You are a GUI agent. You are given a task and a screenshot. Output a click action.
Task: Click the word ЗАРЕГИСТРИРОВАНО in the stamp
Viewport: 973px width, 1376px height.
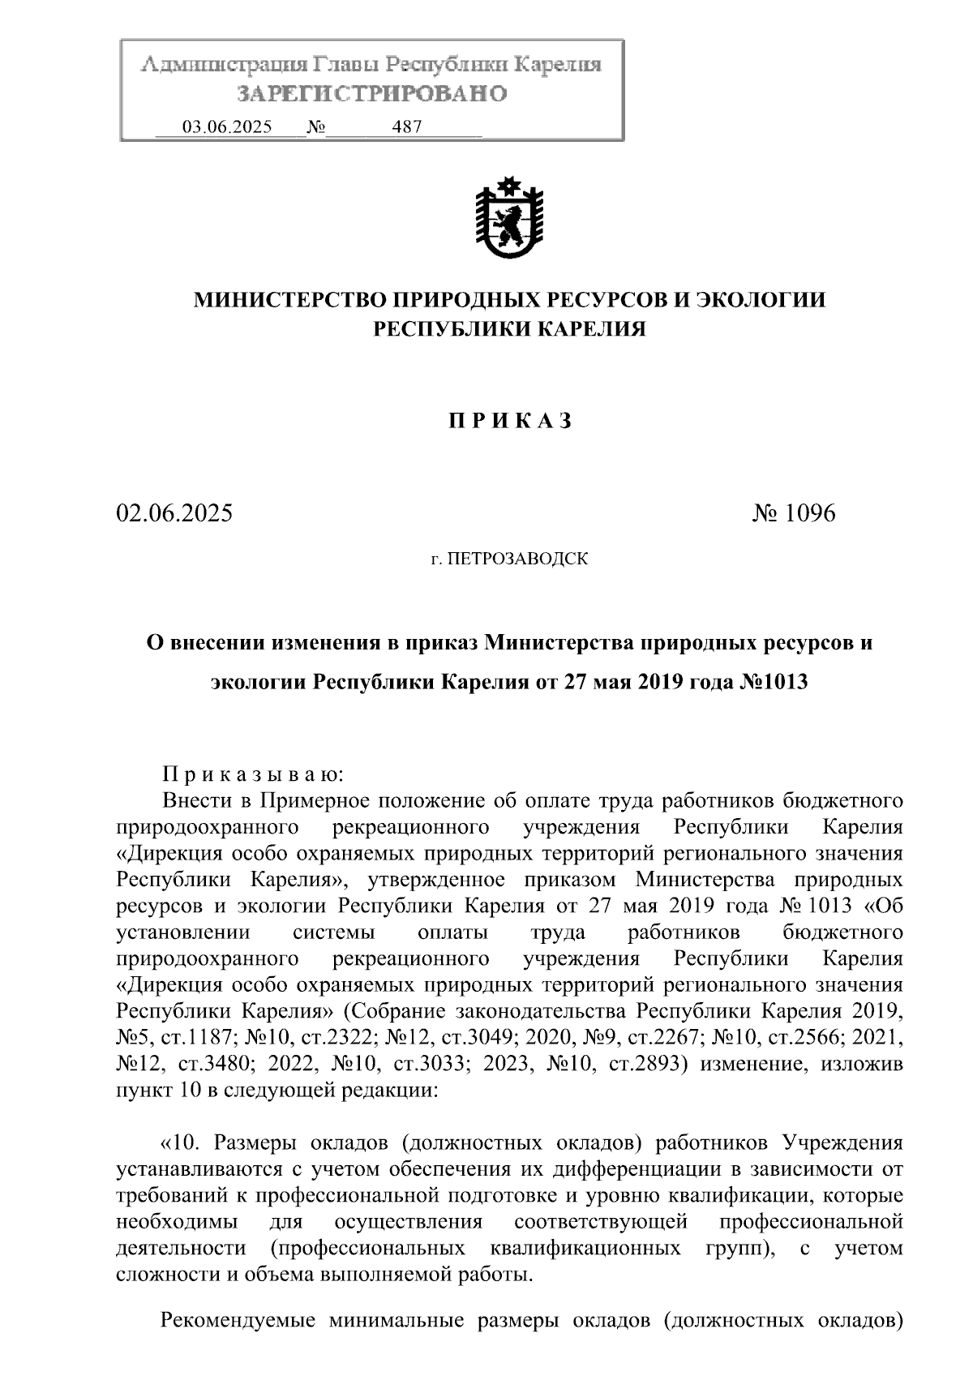point(371,94)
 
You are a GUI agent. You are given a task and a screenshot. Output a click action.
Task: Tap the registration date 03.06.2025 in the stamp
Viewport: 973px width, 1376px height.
point(227,127)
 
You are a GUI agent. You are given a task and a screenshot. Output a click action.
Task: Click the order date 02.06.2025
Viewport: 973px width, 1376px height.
point(174,514)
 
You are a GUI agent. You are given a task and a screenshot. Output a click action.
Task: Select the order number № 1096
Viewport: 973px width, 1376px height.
point(793,514)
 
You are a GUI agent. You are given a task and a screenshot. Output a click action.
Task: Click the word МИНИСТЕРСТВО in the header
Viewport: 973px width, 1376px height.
point(289,300)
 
